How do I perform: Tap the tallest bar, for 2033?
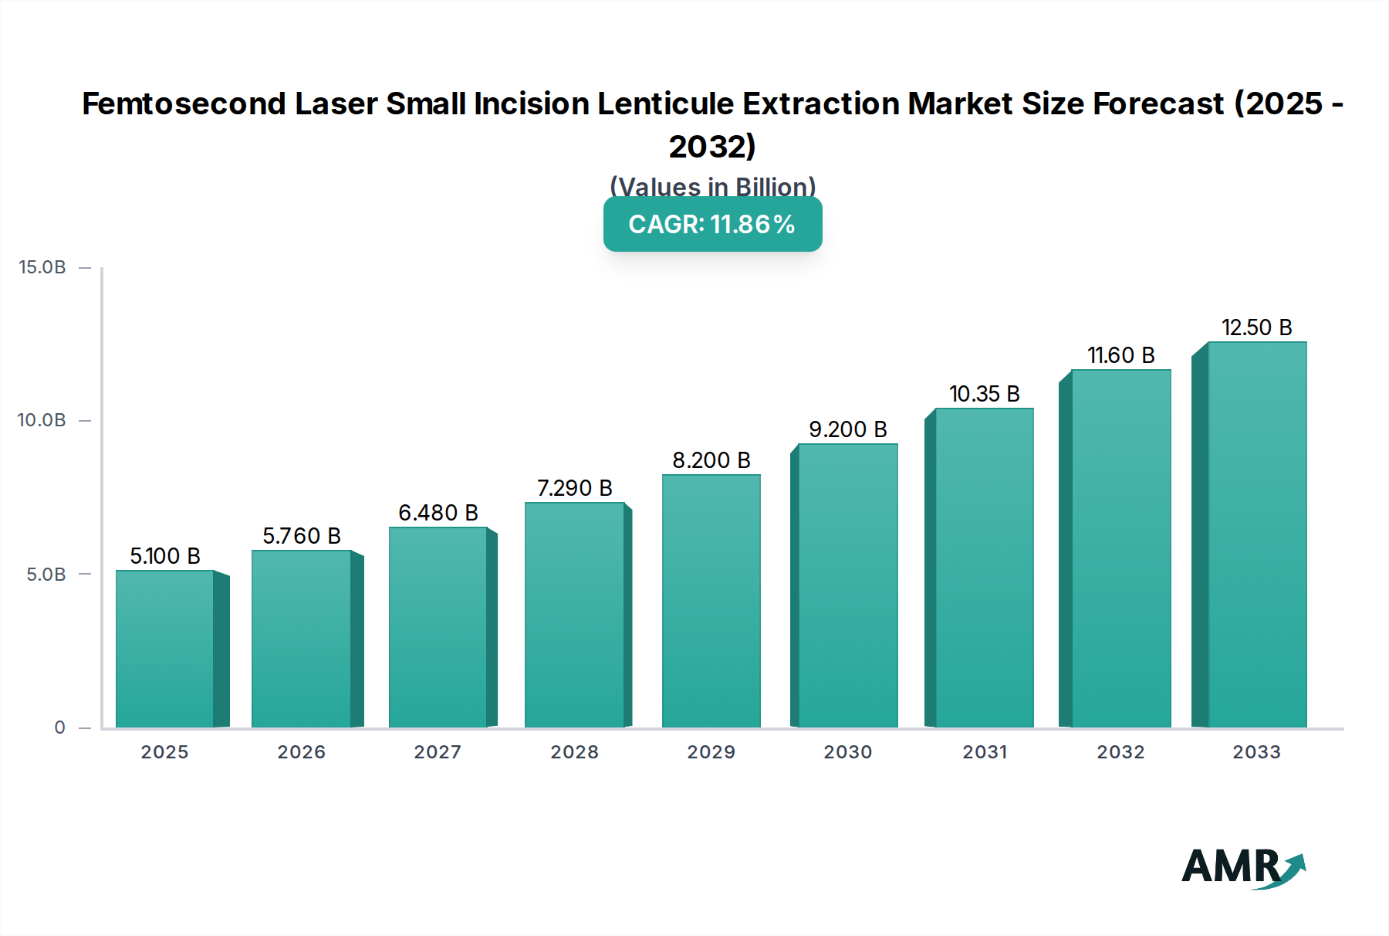click(x=1257, y=534)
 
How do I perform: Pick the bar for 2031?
click(x=984, y=568)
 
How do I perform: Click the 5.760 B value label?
click(x=302, y=536)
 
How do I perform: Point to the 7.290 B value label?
click(x=575, y=488)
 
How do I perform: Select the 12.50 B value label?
click(x=1256, y=327)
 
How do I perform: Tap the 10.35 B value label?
click(x=984, y=394)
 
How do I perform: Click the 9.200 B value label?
click(x=847, y=429)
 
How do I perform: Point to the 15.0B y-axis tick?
click(x=42, y=267)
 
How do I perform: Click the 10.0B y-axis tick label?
click(x=42, y=420)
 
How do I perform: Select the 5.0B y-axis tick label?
click(x=46, y=574)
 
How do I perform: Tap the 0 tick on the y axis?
click(x=60, y=727)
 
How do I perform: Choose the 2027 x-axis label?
click(x=438, y=751)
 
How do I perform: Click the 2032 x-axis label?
click(x=1120, y=751)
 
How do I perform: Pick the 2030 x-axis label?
click(x=847, y=751)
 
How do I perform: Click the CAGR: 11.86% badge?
click(x=712, y=224)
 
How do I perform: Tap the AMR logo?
click(x=1242, y=867)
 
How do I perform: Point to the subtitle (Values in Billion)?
click(x=712, y=186)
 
